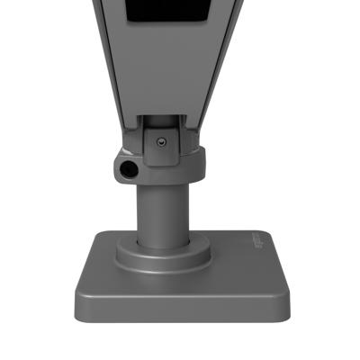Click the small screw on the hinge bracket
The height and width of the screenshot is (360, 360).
point(160,140)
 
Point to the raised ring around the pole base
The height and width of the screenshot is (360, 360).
point(163,254)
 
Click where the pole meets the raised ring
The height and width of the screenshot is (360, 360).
point(162,242)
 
